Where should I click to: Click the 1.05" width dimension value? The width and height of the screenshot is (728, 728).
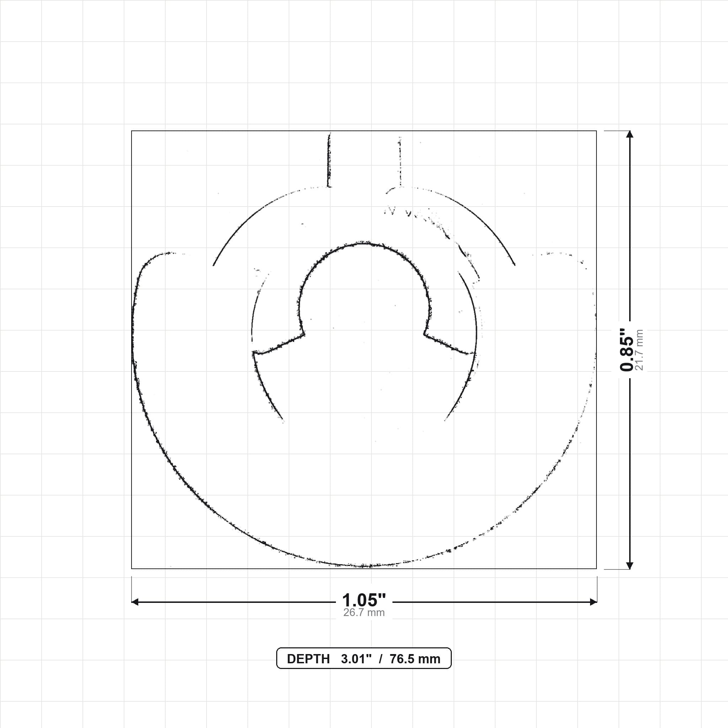tap(364, 600)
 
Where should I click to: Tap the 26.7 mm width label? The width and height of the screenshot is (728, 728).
tap(364, 612)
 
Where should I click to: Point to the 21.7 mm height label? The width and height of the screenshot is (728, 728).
tap(639, 350)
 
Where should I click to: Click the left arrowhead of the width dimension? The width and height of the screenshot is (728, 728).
tap(135, 602)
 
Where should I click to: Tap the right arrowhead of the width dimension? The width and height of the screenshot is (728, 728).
tap(593, 602)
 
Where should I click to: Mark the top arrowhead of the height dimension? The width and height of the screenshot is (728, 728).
tap(629, 134)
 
